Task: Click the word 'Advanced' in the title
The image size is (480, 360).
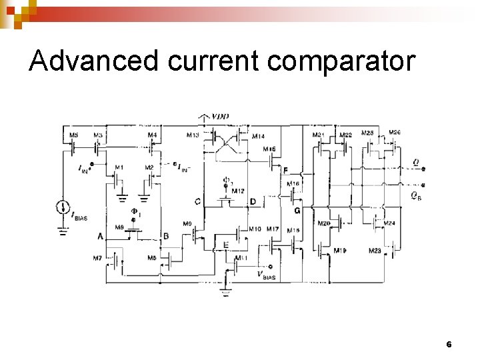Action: (94, 61)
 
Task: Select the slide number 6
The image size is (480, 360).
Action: (449, 345)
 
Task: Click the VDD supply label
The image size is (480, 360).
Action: (220, 117)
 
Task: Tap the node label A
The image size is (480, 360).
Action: (100, 236)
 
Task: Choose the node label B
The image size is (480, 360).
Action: (166, 236)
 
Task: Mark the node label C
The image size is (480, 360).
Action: (197, 201)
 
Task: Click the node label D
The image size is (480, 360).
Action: (253, 201)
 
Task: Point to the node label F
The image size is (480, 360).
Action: (285, 171)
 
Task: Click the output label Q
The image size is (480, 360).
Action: (416, 161)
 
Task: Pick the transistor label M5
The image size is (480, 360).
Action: (73, 135)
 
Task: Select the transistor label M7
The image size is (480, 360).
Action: (97, 257)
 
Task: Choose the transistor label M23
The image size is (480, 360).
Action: (375, 250)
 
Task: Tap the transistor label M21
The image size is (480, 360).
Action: (319, 135)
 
